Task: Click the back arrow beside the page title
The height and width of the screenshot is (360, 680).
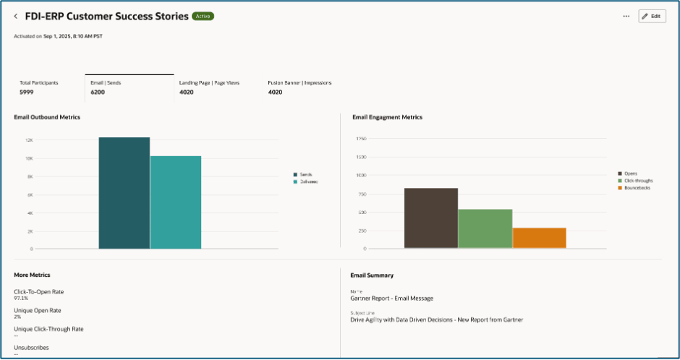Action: tap(16, 16)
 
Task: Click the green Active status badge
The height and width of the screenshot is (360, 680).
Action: tap(203, 16)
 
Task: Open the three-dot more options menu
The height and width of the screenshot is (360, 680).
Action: tap(626, 16)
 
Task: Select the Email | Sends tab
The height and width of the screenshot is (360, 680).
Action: tap(129, 87)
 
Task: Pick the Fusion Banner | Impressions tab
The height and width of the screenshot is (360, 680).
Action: tap(299, 87)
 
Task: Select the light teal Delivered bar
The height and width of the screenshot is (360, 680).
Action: tap(175, 202)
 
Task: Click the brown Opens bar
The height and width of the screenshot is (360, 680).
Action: tap(430, 218)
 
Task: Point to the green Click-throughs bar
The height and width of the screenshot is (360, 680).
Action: tap(485, 229)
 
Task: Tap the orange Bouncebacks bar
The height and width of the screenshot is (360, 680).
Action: tap(539, 239)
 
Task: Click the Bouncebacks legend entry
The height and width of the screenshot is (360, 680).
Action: tap(637, 188)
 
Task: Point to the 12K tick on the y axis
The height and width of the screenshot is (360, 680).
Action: tap(29, 140)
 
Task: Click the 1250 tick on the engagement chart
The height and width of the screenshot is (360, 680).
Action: tap(360, 138)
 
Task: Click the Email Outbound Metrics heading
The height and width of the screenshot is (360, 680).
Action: tap(47, 117)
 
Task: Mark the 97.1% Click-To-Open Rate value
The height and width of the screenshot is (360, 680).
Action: tap(22, 298)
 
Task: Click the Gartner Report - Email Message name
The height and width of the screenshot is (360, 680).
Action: tap(391, 298)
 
